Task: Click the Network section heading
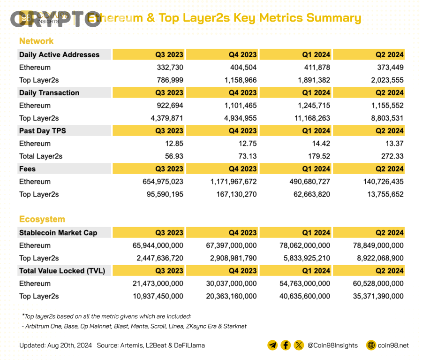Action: tap(36, 41)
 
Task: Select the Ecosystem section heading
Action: tap(42, 219)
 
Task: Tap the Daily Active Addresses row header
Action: tap(59, 55)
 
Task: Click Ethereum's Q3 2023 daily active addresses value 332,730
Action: tap(169, 68)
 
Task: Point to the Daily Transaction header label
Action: tap(49, 93)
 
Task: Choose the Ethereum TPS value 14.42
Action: tap(320, 144)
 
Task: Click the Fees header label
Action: tap(27, 169)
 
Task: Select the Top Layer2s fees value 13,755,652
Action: tap(380, 194)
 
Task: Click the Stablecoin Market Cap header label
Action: tap(58, 233)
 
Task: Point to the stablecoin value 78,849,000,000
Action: tap(378, 245)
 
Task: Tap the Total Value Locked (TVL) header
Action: tap(62, 271)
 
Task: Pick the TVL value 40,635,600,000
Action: tap(305, 296)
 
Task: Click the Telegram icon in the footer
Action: tap(272, 345)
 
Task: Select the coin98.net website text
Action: tap(393, 345)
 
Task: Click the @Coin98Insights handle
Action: tap(332, 345)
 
